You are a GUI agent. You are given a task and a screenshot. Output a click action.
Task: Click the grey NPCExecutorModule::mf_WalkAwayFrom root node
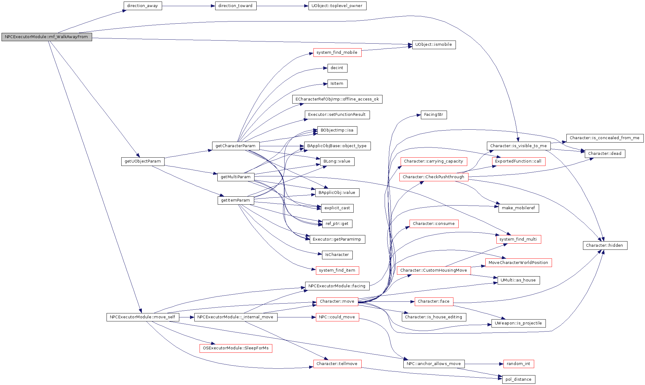pos(47,37)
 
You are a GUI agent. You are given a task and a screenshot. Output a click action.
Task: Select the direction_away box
pos(143,6)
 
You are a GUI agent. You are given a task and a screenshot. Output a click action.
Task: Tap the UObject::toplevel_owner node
pos(337,6)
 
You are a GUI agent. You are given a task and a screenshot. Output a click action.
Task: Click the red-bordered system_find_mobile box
pos(337,53)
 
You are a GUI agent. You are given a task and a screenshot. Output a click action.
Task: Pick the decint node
pos(337,68)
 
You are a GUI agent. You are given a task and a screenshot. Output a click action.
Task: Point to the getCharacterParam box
pos(235,146)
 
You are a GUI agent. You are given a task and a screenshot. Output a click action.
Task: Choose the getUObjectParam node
pos(143,161)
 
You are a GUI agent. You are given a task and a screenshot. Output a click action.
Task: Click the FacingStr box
pos(433,115)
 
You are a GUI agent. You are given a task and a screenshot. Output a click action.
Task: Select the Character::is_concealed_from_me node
pos(605,138)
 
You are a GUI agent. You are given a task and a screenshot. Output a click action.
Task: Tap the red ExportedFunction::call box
pos(519,161)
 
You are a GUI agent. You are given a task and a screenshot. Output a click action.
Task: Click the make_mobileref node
pos(519,208)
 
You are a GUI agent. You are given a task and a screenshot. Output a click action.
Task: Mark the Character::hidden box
pos(605,246)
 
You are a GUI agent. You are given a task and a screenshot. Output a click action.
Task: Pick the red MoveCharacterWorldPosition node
pos(519,263)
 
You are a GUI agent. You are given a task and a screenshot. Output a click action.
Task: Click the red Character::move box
pos(337,301)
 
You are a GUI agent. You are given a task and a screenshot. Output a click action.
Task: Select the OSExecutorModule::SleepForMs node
pos(236,348)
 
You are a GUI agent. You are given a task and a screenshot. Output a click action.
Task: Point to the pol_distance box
pos(519,379)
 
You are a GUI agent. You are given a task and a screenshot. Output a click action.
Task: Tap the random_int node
pos(519,364)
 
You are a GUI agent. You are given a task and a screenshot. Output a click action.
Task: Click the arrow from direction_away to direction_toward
pos(188,6)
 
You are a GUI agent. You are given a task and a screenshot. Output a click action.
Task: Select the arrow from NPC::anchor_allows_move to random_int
pos(484,364)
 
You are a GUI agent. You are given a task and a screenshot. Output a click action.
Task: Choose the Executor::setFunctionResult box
pos(337,115)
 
